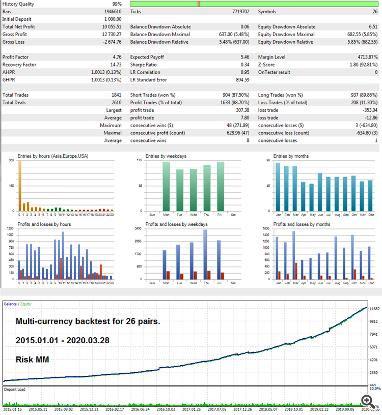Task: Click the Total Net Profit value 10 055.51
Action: point(111,27)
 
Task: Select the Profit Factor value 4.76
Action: point(116,57)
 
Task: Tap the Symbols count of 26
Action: point(374,11)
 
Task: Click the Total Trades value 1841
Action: point(116,95)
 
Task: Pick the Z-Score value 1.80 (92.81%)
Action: point(363,65)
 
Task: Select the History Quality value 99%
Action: point(117,4)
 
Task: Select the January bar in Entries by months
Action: point(278,186)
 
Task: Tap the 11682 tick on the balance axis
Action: point(374,309)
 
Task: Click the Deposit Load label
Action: point(15,389)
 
